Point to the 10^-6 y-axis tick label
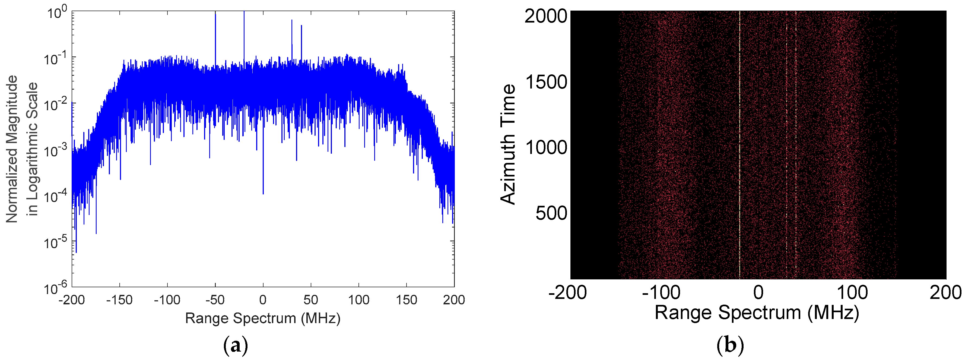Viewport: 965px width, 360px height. tap(55, 289)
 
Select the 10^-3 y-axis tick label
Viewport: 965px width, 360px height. tap(55, 151)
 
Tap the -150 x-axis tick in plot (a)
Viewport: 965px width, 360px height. tap(119, 300)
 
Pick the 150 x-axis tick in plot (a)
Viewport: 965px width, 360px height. tap(407, 300)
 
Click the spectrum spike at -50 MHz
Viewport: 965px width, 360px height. tap(215, 37)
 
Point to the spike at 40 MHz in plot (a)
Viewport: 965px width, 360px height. tap(301, 41)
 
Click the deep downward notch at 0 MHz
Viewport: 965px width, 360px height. tap(263, 180)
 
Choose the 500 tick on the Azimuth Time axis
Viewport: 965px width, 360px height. tap(551, 213)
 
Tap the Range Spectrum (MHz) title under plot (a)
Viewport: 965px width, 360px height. tap(263, 318)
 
